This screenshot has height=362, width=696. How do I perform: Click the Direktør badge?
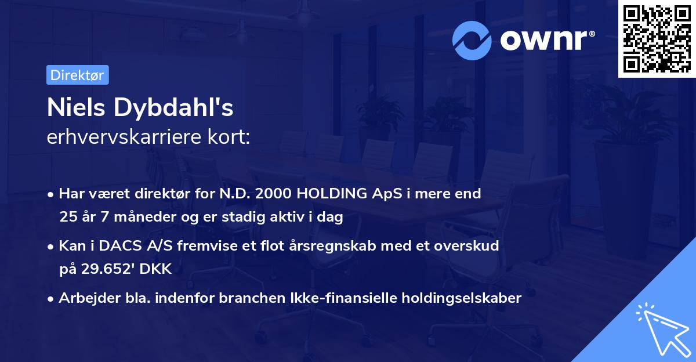click(77, 74)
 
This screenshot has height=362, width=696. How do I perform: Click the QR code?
click(657, 39)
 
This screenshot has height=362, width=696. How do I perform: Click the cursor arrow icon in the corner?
click(661, 327)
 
